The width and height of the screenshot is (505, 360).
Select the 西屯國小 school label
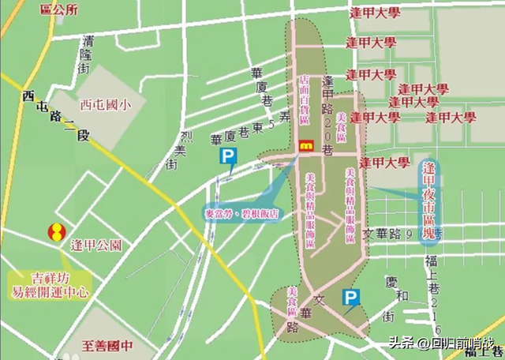pyautogui.click(x=102, y=103)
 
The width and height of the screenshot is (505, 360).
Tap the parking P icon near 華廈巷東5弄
pyautogui.click(x=227, y=158)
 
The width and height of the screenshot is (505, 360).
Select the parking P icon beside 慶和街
pyautogui.click(x=349, y=297)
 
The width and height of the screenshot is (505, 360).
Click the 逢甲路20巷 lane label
pyautogui.click(x=328, y=114)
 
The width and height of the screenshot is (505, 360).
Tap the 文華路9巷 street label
pyautogui.click(x=399, y=234)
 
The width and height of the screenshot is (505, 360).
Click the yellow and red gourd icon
pyautogui.click(x=56, y=234)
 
